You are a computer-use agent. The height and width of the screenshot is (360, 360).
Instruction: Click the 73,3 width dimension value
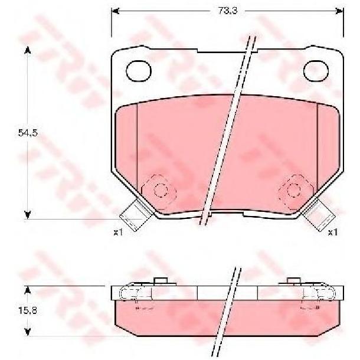click(x=227, y=11)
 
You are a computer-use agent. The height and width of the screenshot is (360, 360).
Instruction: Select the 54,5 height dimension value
click(x=28, y=133)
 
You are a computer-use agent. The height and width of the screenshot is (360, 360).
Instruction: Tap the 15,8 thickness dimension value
click(x=28, y=311)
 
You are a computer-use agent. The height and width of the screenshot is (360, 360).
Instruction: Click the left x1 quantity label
click(x=119, y=233)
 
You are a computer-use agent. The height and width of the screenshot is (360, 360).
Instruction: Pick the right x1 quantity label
click(x=333, y=233)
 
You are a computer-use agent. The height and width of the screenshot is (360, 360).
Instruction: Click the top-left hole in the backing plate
click(x=139, y=71)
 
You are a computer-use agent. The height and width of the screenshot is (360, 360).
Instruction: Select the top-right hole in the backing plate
click(x=316, y=71)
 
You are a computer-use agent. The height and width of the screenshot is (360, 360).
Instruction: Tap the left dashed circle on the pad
click(x=161, y=190)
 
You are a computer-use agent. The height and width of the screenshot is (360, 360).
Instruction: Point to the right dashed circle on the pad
click(x=294, y=190)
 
